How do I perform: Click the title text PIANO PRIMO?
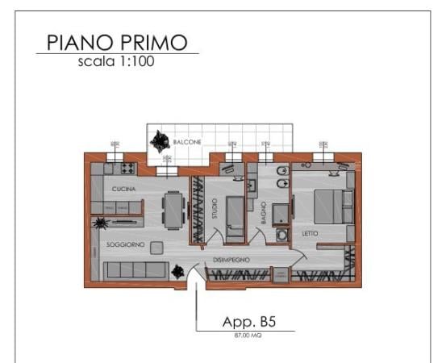tap(117, 43)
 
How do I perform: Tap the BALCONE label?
tap(187, 143)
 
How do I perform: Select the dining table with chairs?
tap(173, 209)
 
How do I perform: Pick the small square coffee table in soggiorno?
tap(157, 247)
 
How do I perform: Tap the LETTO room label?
tap(310, 234)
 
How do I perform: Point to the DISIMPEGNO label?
tap(231, 260)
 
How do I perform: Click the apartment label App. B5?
tap(249, 321)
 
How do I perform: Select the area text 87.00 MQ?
tap(248, 333)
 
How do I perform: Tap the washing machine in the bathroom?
tap(282, 236)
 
